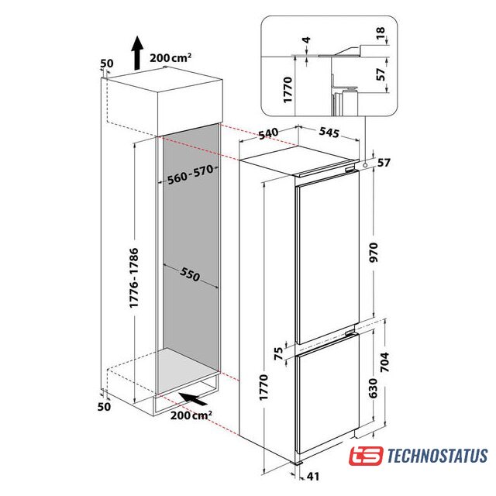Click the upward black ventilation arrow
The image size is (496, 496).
(x=137, y=53)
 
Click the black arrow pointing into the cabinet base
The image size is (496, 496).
(x=193, y=398)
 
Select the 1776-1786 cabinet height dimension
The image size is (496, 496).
(x=134, y=277)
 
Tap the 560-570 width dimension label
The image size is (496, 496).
(x=191, y=174)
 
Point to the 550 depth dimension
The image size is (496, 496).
(x=190, y=274)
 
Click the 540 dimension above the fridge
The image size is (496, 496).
(x=268, y=133)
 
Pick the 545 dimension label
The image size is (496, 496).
(x=329, y=133)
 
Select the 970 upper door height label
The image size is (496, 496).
(x=374, y=253)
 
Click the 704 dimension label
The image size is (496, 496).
(x=384, y=362)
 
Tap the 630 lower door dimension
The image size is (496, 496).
(x=374, y=388)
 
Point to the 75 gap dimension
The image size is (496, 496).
(x=278, y=353)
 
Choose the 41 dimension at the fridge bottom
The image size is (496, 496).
(x=313, y=477)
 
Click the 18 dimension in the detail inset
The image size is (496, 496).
(x=381, y=33)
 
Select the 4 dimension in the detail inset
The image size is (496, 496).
(x=307, y=40)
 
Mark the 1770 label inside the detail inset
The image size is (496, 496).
(x=288, y=90)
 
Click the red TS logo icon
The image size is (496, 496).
(x=366, y=456)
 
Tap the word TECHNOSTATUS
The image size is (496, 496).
(x=437, y=456)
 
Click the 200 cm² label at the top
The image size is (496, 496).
(x=170, y=57)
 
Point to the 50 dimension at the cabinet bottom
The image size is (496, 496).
(x=105, y=406)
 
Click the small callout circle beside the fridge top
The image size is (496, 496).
(x=365, y=165)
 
